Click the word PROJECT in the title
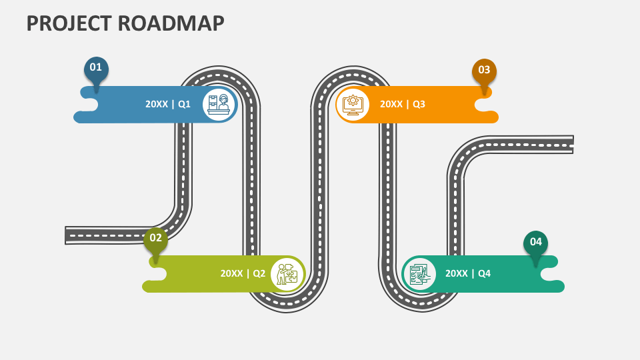coord(69,23)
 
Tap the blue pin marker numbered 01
coord(96,68)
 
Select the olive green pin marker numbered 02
coord(155,239)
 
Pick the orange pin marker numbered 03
coord(484,71)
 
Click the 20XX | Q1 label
coord(168,104)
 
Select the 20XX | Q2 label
coord(243,273)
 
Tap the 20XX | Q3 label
coord(402,104)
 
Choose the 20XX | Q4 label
coord(467,273)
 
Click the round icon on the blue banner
coord(219,104)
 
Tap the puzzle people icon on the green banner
coord(287,273)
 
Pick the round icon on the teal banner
coord(419,273)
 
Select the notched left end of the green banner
coord(154,274)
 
